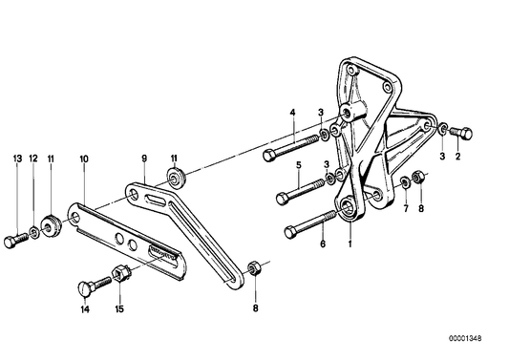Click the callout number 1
point(350,243)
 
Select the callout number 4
point(293,114)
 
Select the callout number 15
point(119,309)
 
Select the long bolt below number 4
point(293,146)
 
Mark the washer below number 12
point(34,229)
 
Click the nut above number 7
point(406,180)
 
